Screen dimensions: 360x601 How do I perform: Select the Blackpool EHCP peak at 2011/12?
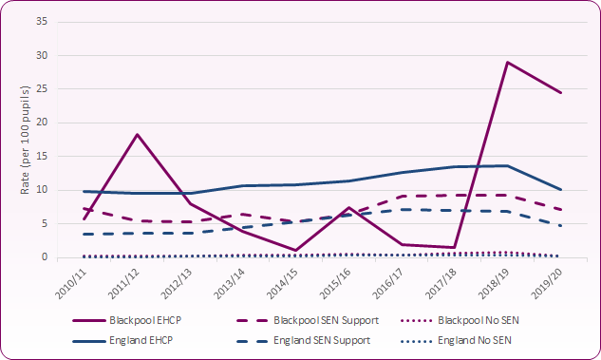[x=138, y=134]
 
